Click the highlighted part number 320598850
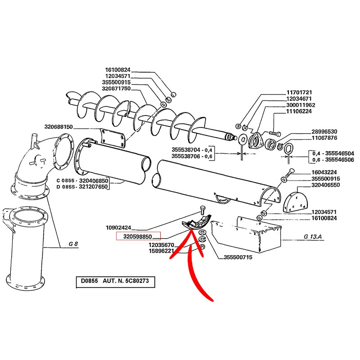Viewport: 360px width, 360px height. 137,236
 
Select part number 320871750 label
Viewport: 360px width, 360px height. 116,88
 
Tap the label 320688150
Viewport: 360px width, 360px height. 58,127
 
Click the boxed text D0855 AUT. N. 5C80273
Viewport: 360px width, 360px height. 115,281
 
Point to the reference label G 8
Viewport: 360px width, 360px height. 73,244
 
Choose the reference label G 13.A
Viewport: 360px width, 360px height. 313,237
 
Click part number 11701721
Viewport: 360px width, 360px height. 299,92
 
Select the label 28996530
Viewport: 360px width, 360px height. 324,131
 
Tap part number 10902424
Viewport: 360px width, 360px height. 118,228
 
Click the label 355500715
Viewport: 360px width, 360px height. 238,257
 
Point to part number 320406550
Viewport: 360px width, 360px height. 325,185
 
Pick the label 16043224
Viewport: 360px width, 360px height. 324,172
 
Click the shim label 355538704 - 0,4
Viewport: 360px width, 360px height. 192,150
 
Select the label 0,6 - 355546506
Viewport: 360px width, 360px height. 333,160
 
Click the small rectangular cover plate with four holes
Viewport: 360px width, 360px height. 112,138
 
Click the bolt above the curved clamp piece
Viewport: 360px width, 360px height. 202,210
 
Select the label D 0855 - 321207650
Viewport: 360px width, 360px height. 82,186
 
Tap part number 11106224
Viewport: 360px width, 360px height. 299,111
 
